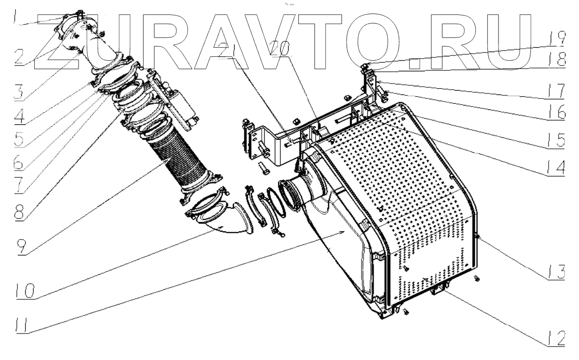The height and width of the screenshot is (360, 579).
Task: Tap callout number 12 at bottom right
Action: (x=556, y=338)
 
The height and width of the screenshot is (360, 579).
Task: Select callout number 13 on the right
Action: (x=556, y=272)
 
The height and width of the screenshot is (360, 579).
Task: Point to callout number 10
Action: (x=25, y=291)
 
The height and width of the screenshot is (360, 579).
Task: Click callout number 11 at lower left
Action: (x=22, y=325)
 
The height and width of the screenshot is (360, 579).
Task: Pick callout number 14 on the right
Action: (x=556, y=167)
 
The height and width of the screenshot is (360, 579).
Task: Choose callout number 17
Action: (x=556, y=91)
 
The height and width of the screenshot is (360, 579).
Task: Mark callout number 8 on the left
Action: (x=19, y=212)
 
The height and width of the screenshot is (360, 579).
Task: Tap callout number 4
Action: (x=20, y=116)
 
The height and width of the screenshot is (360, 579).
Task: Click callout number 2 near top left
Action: (x=19, y=57)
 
